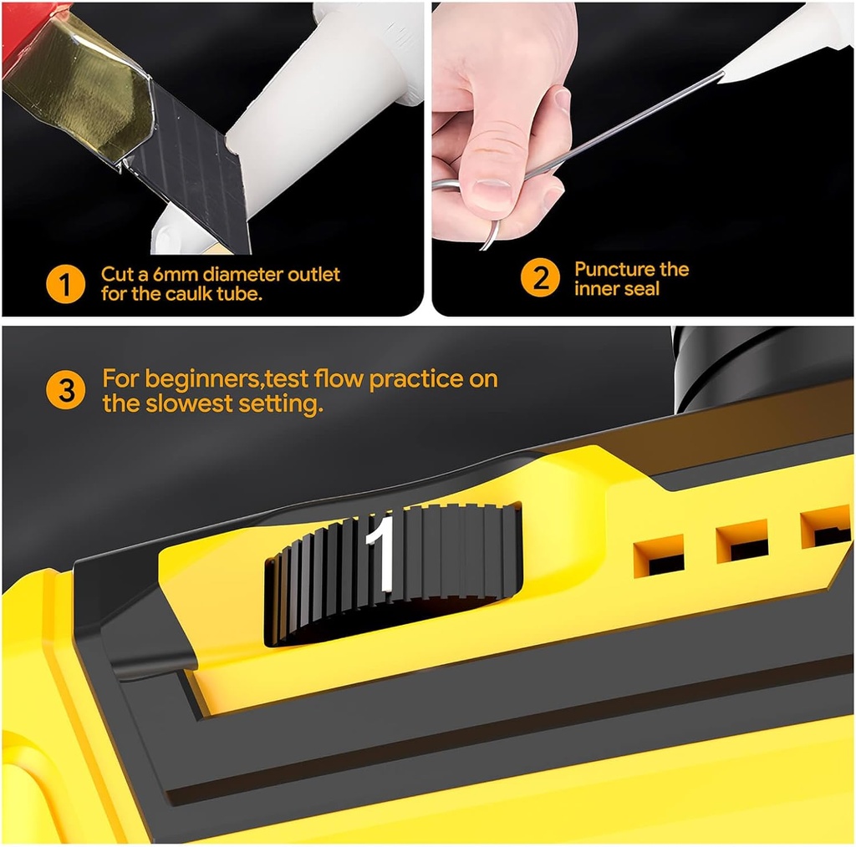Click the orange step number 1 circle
(x=65, y=284)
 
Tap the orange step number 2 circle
(x=540, y=278)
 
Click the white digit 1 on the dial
(x=381, y=553)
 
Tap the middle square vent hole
(x=741, y=540)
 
